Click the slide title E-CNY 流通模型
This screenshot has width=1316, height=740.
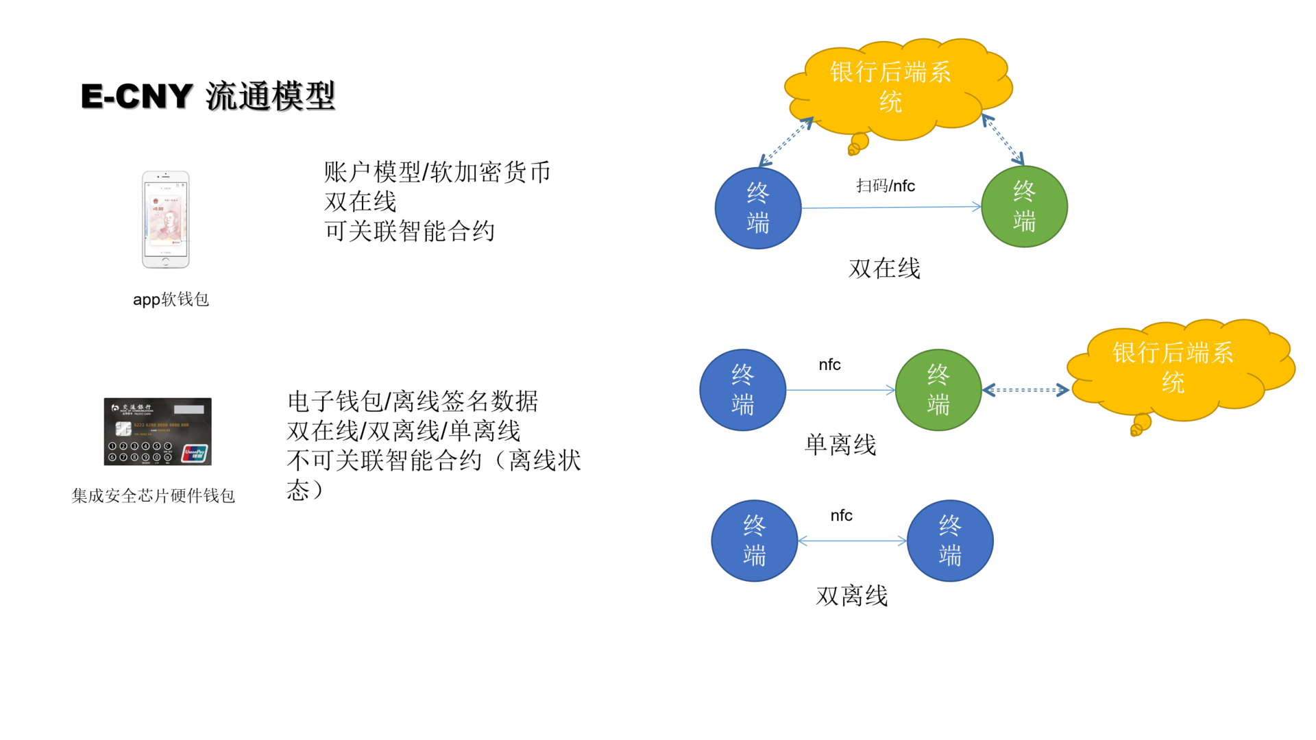coord(208,96)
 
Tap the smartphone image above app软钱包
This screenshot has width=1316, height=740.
coord(165,219)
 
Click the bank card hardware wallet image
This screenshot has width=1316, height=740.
coord(158,432)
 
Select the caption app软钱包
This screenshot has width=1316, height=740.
coord(171,299)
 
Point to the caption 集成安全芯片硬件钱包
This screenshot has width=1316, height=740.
coord(154,495)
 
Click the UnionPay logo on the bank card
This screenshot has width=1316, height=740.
coord(195,453)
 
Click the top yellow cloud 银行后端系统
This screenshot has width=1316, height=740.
coord(891,87)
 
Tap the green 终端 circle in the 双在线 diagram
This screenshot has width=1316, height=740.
coord(1024,206)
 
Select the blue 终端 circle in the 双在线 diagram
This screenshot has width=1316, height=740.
coord(758,208)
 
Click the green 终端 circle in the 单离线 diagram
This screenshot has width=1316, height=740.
coord(938,390)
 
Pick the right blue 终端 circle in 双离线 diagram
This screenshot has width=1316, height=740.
coord(950,541)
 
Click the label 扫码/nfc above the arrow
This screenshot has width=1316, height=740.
coord(886,186)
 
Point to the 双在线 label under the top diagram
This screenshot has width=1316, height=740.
coord(884,269)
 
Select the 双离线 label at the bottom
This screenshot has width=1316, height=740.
coord(852,596)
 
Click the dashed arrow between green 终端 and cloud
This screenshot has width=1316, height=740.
coord(1025,390)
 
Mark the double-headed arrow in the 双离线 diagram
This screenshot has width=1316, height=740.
coord(853,541)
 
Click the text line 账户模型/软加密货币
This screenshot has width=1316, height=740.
coord(437,172)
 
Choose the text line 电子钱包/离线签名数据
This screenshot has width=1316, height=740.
coord(413,402)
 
